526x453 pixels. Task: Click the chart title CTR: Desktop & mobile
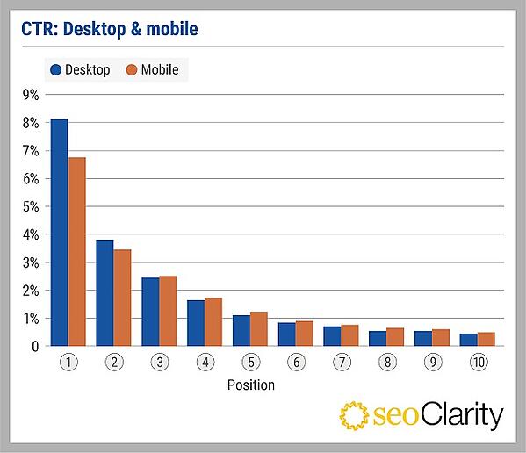click(110, 30)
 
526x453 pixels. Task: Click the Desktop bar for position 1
click(59, 233)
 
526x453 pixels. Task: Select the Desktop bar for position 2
click(104, 293)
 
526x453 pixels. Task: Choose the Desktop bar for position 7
click(332, 336)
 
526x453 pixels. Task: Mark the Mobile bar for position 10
click(486, 340)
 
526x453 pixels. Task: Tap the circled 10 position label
click(478, 362)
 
